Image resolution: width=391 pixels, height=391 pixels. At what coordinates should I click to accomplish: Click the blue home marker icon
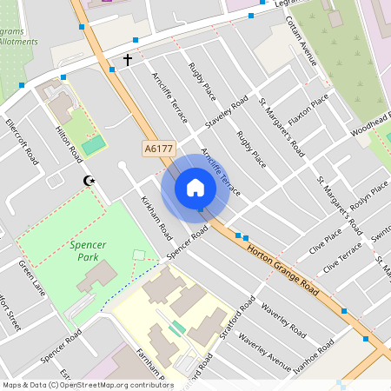(x=195, y=188)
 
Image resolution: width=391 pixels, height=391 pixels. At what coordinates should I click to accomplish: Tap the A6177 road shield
(x=157, y=149)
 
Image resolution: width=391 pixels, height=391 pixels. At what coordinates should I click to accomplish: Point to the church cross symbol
(x=128, y=60)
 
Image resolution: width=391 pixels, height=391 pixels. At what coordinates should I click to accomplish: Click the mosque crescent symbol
(x=88, y=181)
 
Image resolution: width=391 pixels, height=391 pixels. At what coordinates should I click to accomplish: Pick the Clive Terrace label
(x=342, y=257)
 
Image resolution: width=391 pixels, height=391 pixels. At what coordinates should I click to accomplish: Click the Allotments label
(x=17, y=41)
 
